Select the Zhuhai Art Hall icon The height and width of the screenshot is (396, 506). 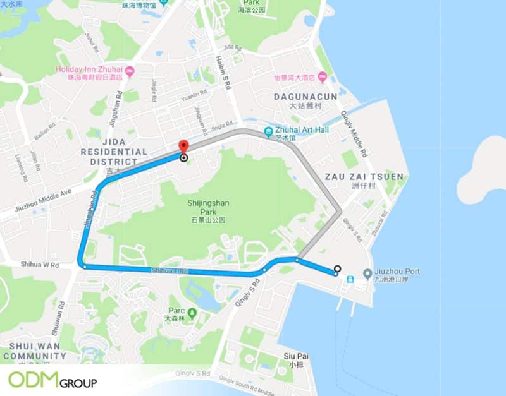(x=269, y=132)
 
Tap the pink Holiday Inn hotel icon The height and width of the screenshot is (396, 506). (x=130, y=70)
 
